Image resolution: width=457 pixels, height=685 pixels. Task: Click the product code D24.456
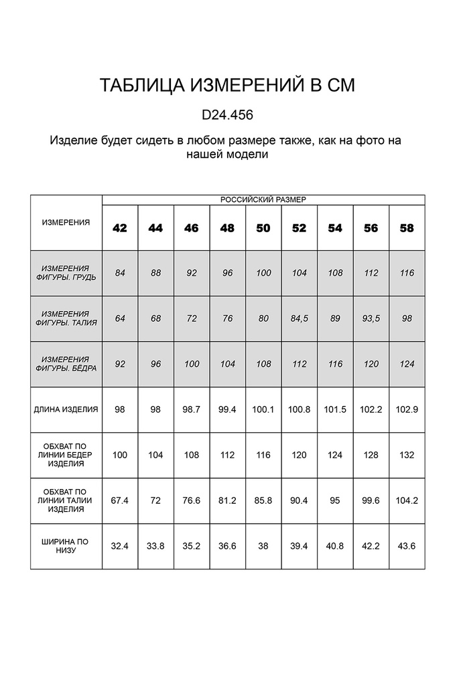coord(227,115)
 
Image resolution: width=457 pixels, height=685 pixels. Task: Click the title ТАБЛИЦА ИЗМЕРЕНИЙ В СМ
coord(227,86)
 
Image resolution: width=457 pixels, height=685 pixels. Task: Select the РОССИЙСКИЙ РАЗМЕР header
coord(263,199)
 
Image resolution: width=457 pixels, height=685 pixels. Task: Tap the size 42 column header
coord(120,228)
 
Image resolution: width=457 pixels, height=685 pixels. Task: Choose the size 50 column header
coord(263,228)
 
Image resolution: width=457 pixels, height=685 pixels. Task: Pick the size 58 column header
coord(407,228)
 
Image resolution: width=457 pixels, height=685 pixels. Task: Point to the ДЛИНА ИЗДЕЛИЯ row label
coord(66,409)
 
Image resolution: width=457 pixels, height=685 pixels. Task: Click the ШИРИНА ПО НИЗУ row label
coord(66,546)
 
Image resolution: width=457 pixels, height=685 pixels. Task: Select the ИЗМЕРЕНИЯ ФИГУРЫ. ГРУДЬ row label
coord(66,273)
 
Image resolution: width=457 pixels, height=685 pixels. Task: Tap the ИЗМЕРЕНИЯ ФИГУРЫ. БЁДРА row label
coord(66,364)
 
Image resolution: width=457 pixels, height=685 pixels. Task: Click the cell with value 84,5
coord(299,318)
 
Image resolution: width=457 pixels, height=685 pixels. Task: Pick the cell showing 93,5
coord(371,318)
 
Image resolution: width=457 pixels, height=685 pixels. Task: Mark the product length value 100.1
coord(263,409)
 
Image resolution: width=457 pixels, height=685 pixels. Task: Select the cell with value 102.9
coord(407,409)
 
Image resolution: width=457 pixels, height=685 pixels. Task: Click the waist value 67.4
coord(120,500)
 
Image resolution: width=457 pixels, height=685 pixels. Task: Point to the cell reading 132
coord(407,455)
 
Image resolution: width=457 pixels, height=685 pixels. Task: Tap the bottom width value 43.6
coord(407,546)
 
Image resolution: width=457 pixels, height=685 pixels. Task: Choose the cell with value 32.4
coord(120,546)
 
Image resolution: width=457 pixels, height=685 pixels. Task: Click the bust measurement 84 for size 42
coord(120,273)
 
